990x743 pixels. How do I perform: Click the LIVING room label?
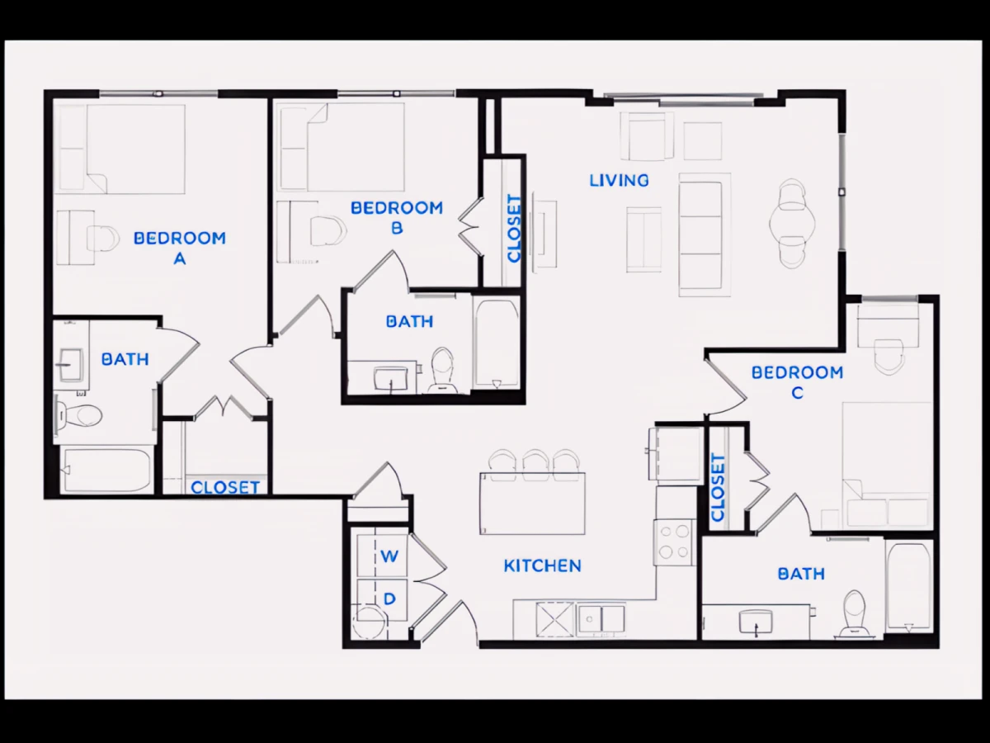(x=619, y=181)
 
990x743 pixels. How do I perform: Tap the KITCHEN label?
(x=543, y=566)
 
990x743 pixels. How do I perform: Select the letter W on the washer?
(x=389, y=556)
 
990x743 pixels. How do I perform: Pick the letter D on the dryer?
(x=389, y=599)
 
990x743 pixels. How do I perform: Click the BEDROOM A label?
(x=180, y=248)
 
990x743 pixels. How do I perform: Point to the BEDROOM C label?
(x=797, y=382)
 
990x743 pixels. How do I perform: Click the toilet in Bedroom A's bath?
(x=78, y=414)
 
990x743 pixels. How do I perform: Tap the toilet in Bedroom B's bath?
(x=442, y=370)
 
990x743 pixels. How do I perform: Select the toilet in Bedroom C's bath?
(x=853, y=613)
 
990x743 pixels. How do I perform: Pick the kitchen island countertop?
(x=532, y=504)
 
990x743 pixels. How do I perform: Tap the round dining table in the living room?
(x=792, y=223)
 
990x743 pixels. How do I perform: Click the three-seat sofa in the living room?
(x=705, y=235)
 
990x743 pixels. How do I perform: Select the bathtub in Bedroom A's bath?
(x=106, y=470)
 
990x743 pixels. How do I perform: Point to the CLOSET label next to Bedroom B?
(x=514, y=229)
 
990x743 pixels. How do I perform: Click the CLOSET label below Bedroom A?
(x=225, y=487)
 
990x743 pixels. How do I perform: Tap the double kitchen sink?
(x=601, y=619)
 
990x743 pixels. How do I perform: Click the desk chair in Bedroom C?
(x=889, y=357)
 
